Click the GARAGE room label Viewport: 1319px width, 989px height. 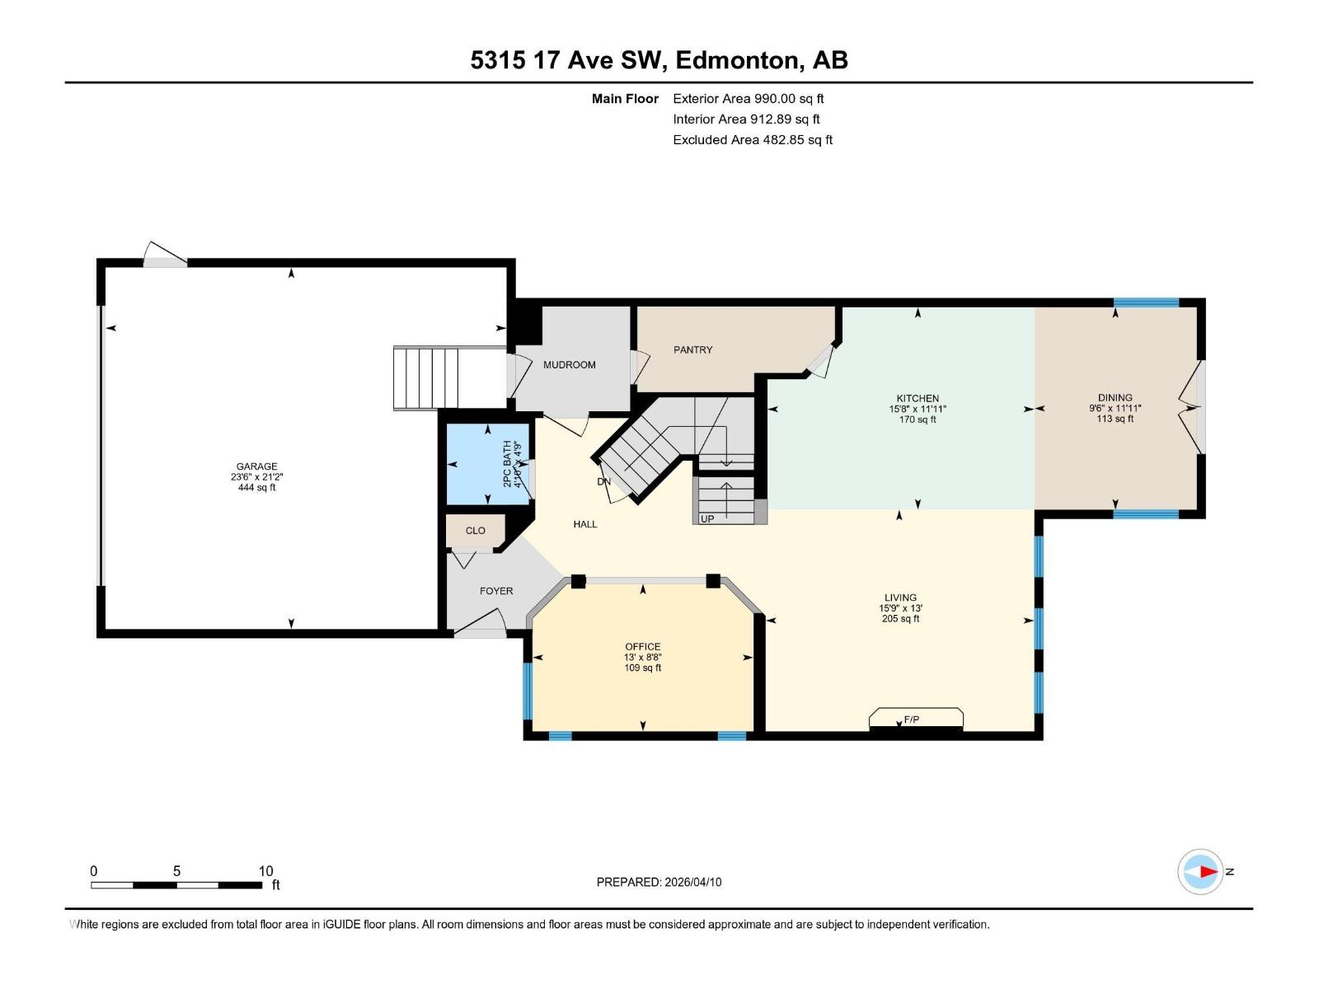256,466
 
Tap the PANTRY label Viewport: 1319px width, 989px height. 692,349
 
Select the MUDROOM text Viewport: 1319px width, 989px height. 569,364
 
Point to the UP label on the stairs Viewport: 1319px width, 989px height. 707,518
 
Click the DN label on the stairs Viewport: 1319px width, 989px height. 604,481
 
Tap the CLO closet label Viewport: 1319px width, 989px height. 475,531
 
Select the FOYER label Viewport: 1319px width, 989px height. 496,591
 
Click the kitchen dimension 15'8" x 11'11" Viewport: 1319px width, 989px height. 918,409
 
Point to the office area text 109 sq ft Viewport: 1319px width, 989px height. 642,668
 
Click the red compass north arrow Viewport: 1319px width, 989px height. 1208,871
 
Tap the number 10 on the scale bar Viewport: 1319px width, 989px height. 265,871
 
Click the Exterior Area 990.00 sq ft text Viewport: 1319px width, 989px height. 748,99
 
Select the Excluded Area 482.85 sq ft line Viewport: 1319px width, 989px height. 752,140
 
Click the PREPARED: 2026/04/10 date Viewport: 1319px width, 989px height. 659,882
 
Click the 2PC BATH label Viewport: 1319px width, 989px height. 507,463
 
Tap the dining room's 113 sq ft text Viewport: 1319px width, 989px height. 1115,419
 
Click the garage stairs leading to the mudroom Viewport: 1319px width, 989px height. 426,378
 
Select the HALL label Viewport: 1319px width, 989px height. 584,524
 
